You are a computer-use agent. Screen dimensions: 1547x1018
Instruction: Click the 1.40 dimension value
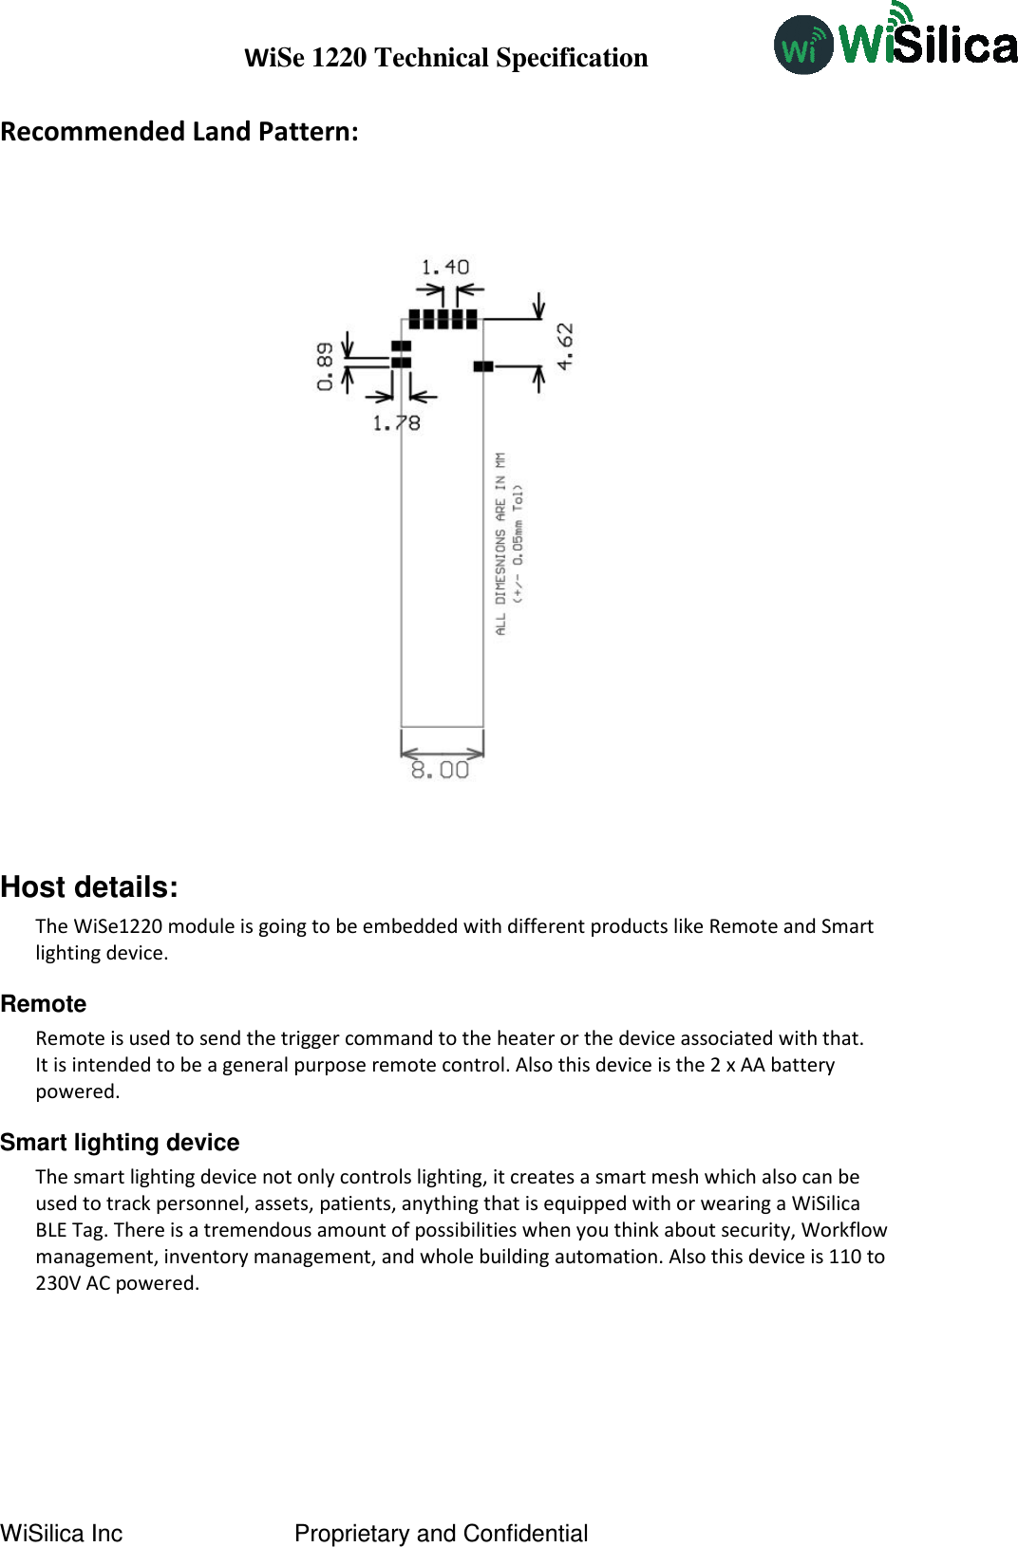tap(444, 268)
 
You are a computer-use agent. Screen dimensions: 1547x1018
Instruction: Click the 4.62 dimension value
tap(565, 346)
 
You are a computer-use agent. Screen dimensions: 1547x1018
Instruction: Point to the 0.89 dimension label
tap(325, 366)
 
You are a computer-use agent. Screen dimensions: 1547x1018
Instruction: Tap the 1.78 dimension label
tap(396, 423)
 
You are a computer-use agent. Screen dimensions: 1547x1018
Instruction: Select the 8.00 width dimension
tap(440, 770)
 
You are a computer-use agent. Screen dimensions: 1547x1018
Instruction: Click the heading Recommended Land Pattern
tap(179, 131)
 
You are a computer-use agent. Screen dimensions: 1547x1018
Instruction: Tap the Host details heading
tap(89, 887)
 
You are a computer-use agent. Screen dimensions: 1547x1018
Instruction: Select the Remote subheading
tap(44, 1004)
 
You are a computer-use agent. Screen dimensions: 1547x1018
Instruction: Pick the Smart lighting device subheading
tap(120, 1143)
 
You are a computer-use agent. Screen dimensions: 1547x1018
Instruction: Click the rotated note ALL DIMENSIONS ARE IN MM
tap(500, 543)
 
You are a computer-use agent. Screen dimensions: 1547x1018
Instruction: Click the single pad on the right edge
tap(483, 365)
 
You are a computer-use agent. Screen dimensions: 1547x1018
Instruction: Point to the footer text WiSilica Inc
tap(62, 1533)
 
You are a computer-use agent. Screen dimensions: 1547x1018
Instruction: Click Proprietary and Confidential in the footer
tap(441, 1533)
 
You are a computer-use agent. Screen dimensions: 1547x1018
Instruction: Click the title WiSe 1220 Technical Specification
tap(445, 58)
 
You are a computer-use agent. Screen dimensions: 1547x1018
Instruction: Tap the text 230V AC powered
tap(117, 1283)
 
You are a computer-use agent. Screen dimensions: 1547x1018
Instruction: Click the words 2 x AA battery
tap(772, 1065)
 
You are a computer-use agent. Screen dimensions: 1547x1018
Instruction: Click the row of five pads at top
tap(443, 319)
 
